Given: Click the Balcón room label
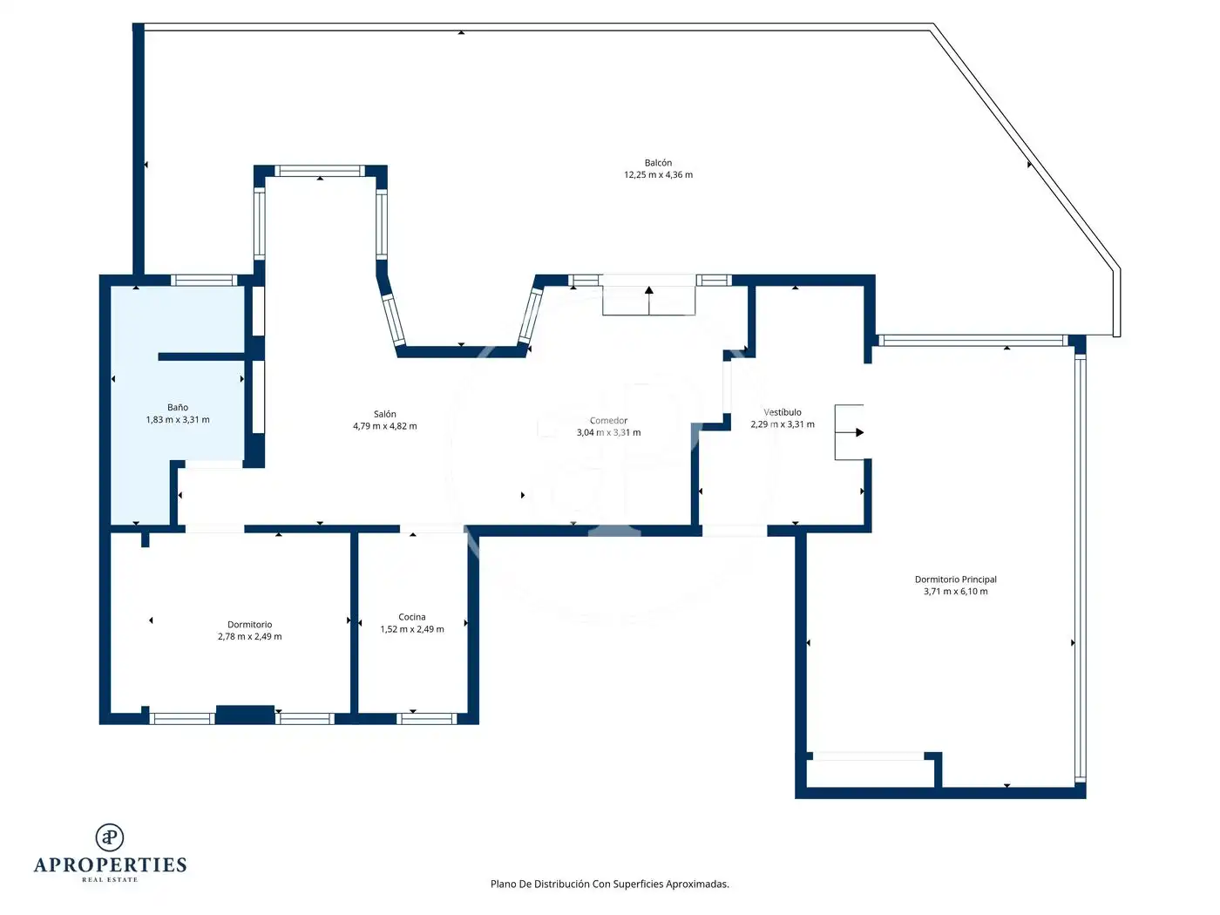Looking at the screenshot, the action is [658, 163].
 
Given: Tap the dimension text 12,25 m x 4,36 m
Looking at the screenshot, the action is [658, 175].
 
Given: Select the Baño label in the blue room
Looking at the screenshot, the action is [177, 407].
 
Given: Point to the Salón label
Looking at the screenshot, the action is [384, 414].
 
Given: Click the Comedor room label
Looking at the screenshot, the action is [608, 421].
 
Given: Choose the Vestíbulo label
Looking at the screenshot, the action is [782, 412].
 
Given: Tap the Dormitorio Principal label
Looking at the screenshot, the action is [955, 579].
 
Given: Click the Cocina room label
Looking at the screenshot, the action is [412, 617].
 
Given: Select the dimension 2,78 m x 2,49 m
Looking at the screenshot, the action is [249, 637].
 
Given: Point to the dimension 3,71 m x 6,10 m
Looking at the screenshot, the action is [955, 591].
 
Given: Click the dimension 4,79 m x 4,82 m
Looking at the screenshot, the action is [384, 426].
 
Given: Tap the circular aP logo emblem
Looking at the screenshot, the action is [110, 837].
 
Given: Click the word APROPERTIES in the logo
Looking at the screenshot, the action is [110, 865].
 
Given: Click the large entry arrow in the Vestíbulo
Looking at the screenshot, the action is [850, 432].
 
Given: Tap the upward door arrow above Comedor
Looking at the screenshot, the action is [648, 300].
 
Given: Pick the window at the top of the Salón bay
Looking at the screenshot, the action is [320, 171].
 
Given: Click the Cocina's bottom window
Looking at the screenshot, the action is [426, 719].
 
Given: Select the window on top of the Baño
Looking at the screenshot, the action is [204, 280].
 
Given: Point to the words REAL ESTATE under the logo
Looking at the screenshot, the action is [110, 879].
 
